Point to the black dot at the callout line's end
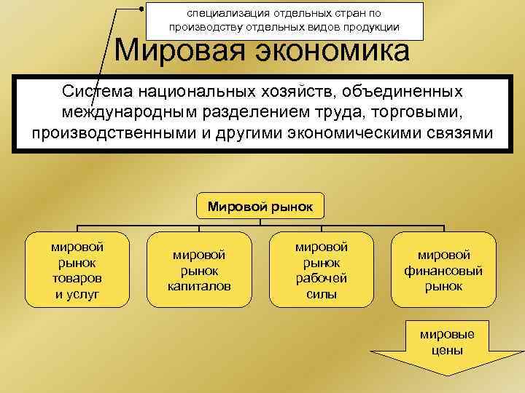point(141,8)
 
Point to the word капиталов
point(199,286)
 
